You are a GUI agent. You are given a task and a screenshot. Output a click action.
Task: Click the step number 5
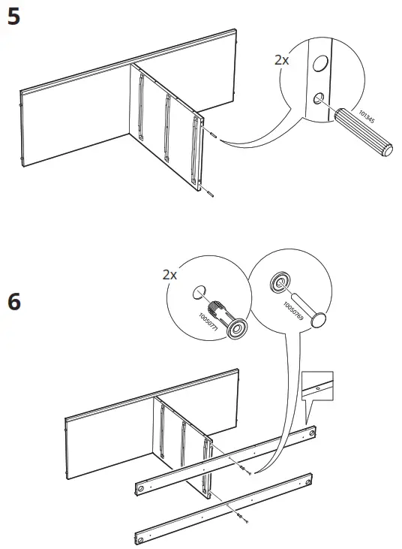click(x=13, y=18)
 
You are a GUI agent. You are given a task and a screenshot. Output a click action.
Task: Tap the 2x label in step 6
click(x=170, y=275)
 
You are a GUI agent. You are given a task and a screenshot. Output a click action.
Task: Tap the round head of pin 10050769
click(x=320, y=321)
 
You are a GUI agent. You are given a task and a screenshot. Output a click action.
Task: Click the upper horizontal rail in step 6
click(x=225, y=459)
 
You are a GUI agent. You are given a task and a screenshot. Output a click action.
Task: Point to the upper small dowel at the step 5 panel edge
click(x=213, y=135)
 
